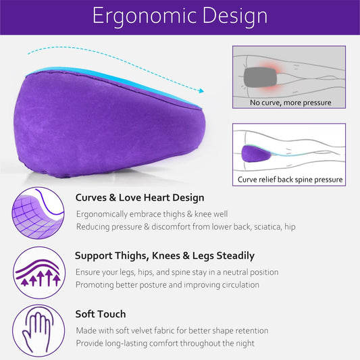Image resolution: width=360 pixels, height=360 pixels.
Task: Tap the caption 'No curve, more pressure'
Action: point(290,103)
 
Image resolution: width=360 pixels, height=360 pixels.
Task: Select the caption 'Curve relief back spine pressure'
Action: point(290,180)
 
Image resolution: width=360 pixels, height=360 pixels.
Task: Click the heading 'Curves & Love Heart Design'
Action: point(139,198)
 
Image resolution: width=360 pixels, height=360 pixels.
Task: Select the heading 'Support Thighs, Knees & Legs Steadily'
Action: point(164,256)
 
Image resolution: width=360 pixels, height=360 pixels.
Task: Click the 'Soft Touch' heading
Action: point(100,314)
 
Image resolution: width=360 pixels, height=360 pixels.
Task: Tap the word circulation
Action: point(236,284)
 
